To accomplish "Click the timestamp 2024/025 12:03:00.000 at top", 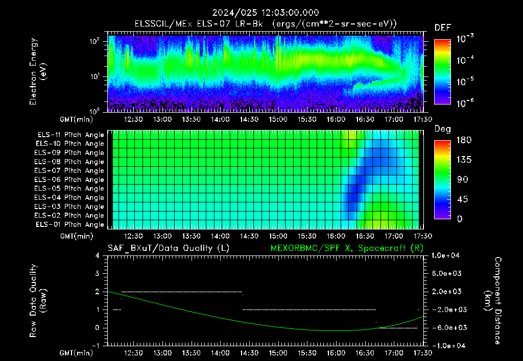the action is (266, 13).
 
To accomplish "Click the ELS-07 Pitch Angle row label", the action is (69, 170).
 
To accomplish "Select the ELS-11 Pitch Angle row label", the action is (70, 135).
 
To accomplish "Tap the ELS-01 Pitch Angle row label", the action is (69, 224).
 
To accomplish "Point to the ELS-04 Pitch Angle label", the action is (69, 197).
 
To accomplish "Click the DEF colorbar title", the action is (443, 28).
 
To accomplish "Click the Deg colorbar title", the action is (443, 129).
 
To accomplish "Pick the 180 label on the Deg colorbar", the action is (464, 140).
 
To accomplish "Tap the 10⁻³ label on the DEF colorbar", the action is (465, 38).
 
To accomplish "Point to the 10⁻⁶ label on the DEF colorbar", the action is (465, 102).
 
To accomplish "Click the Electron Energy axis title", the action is (38, 71).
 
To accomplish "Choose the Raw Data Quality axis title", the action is (38, 301).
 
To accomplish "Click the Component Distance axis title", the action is (493, 301).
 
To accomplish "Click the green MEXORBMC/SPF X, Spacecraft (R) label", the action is (347, 248).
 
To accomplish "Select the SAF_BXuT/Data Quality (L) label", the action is (169, 248).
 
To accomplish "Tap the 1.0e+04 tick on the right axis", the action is (445, 255).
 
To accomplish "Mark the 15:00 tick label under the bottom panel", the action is (278, 353).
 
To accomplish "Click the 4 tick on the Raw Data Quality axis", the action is (98, 255).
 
